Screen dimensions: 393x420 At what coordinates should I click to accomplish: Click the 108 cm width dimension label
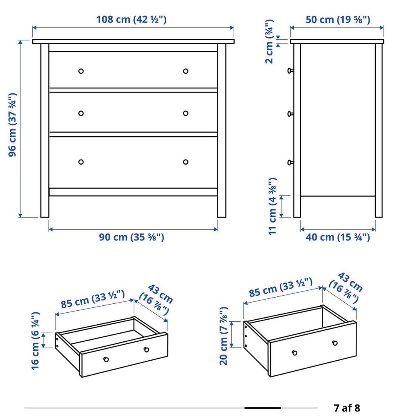131,20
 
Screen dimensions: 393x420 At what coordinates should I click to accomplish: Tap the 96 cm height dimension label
13,125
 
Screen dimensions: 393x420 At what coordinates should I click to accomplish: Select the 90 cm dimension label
131,237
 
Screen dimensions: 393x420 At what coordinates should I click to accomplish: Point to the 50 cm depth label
338,20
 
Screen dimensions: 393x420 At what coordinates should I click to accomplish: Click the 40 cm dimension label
338,237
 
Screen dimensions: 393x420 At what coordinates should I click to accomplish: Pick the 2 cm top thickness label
269,41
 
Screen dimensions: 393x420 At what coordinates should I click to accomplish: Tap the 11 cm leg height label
272,206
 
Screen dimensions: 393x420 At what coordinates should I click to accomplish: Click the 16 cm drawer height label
35,341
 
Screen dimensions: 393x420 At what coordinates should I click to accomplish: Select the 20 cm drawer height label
224,336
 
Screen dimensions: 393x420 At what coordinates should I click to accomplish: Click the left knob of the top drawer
81,71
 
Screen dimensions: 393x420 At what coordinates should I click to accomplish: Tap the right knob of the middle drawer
185,113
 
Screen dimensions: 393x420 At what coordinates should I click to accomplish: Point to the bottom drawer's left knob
81,162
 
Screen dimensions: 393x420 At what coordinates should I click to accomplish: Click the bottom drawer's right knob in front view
185,162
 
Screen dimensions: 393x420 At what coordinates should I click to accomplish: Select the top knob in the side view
290,71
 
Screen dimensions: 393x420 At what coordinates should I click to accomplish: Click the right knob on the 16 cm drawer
146,350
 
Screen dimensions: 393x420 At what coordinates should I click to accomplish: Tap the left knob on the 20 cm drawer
295,353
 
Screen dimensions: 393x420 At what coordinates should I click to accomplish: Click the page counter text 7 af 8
347,408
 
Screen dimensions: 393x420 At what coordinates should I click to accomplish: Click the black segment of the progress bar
263,408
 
